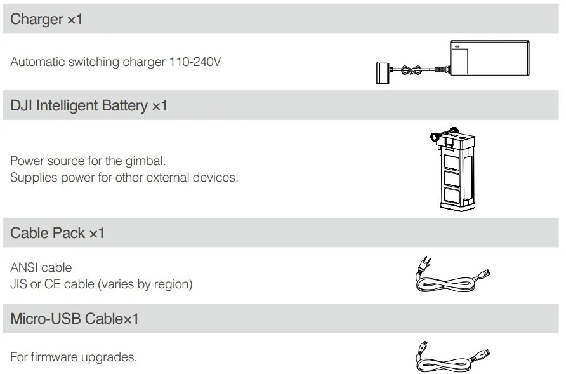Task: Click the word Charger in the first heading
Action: [x=36, y=19]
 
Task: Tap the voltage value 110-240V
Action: [x=195, y=62]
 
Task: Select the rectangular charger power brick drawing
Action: [x=490, y=58]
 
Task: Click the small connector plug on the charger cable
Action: [x=383, y=74]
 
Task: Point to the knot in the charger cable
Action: [x=412, y=70]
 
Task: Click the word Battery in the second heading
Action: [x=124, y=106]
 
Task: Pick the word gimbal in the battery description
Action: [x=145, y=161]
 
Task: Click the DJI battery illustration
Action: [x=453, y=169]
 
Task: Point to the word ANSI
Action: [x=23, y=267]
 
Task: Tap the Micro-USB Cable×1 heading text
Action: [x=74, y=319]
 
